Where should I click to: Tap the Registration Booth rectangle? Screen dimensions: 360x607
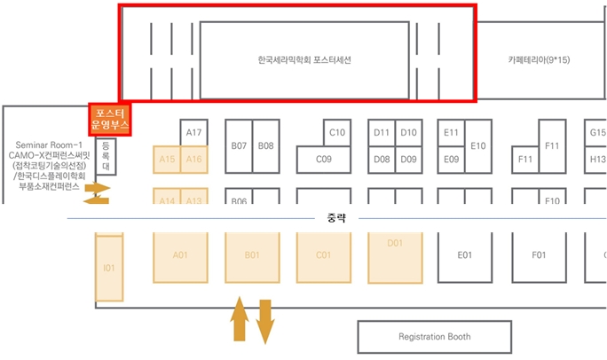coord(435,337)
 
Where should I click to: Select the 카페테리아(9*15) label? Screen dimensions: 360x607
coord(539,60)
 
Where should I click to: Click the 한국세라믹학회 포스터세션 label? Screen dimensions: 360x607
coord(304,60)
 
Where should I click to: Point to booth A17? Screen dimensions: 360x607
coord(194,133)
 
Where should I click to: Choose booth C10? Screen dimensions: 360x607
coord(336,133)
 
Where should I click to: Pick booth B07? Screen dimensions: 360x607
coord(239,145)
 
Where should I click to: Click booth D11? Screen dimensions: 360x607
coord(382,133)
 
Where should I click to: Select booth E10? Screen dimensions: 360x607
coord(478,145)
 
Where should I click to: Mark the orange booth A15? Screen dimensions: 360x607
coord(167,159)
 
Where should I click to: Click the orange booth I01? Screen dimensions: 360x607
coord(109,268)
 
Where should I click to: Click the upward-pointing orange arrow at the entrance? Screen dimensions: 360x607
coord(239,320)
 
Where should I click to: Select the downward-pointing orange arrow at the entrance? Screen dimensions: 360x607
coord(265,321)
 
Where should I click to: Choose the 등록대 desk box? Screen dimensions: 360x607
coord(106,155)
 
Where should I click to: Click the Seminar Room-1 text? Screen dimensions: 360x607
coord(49,145)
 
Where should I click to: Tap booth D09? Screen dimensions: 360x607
coord(408,160)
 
